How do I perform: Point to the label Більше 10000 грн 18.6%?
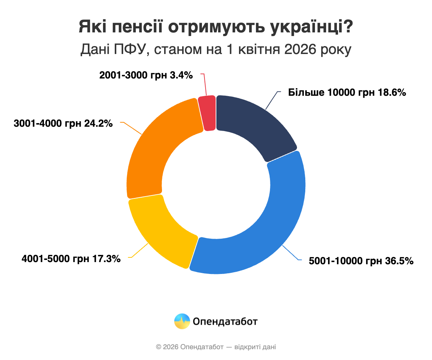point(347,93)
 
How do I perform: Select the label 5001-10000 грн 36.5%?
point(361,261)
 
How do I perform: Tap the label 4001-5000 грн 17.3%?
point(71,258)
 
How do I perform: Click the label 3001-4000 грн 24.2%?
point(63,123)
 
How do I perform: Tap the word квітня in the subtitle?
point(257,50)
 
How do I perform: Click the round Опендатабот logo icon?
point(182,321)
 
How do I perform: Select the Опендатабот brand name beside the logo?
point(225,321)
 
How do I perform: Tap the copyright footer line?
point(216,347)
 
